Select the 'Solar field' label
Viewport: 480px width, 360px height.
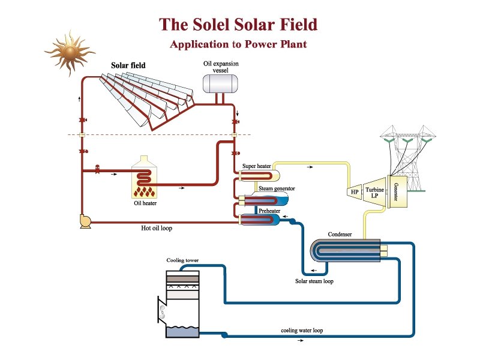pyautogui.click(x=128, y=65)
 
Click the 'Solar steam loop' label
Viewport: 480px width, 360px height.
pyautogui.click(x=314, y=280)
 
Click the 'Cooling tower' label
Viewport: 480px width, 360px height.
pyautogui.click(x=182, y=260)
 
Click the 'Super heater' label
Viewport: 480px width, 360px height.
pyautogui.click(x=256, y=166)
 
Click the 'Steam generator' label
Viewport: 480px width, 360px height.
pyautogui.click(x=277, y=188)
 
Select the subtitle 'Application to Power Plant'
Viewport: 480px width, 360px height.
pyautogui.click(x=238, y=44)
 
